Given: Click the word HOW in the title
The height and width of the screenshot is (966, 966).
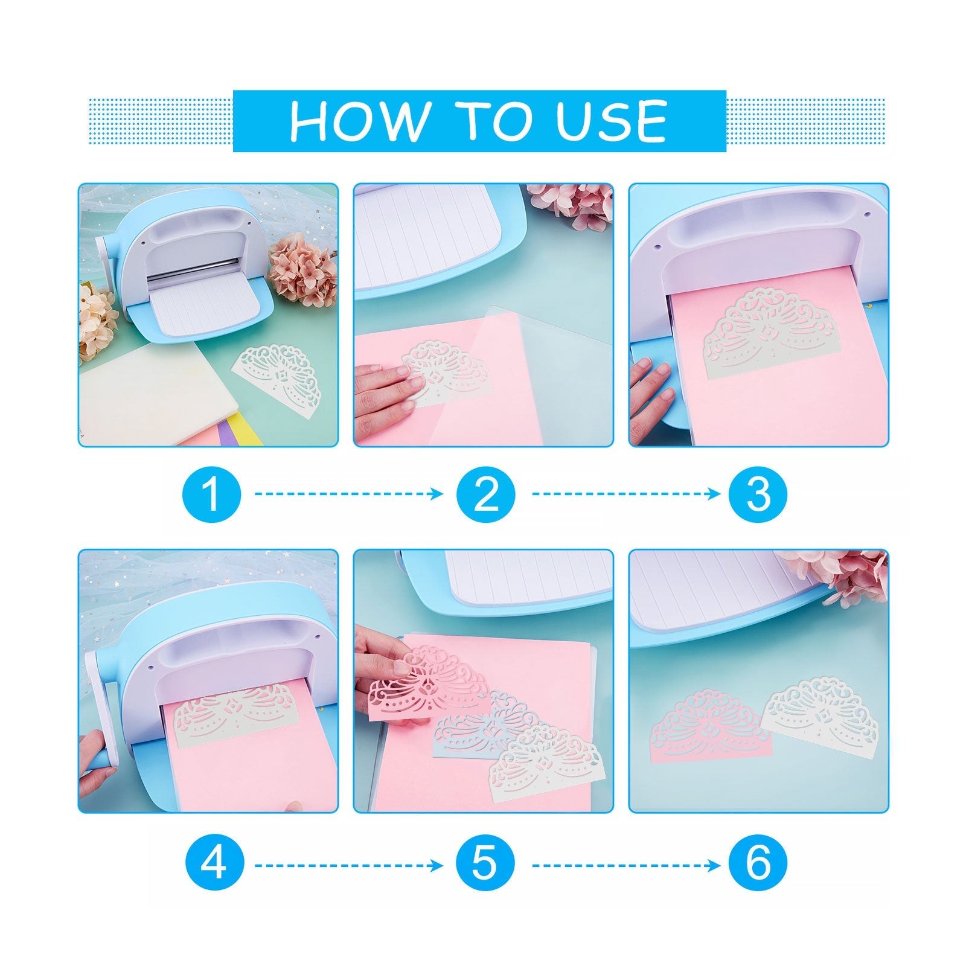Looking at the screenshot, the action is pyautogui.click(x=357, y=121).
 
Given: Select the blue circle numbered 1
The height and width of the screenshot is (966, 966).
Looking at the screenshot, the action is pyautogui.click(x=211, y=493).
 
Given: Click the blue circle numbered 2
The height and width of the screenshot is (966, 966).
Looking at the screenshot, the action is pyautogui.click(x=487, y=493).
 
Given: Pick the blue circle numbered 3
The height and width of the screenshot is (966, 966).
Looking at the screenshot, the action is pyautogui.click(x=758, y=493).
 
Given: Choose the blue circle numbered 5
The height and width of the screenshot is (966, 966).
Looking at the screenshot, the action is pyautogui.click(x=487, y=865).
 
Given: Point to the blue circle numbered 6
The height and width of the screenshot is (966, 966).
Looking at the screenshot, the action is pyautogui.click(x=758, y=865).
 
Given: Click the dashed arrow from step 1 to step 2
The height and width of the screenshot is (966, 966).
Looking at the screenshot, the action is pyautogui.click(x=349, y=494).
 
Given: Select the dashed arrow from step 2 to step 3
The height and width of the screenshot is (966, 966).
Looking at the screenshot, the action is pyautogui.click(x=626, y=494).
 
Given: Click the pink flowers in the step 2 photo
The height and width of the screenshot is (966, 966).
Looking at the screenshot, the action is pyautogui.click(x=571, y=203).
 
